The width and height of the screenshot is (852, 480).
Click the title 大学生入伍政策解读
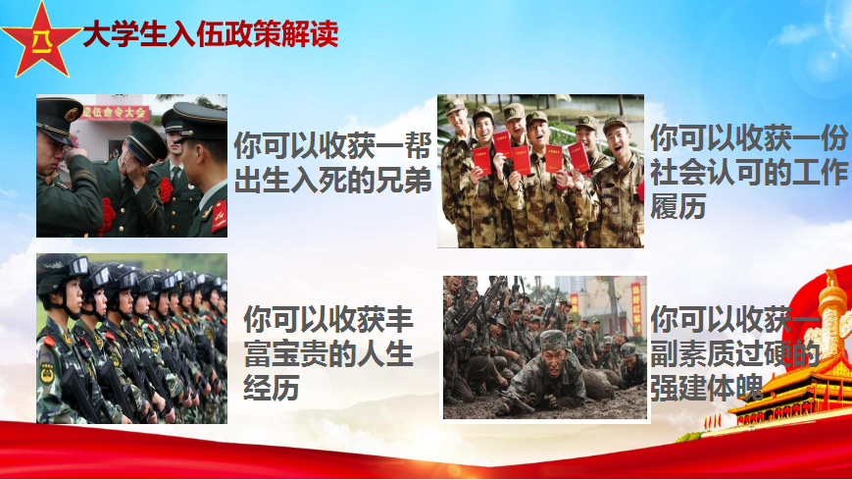pos(211,33)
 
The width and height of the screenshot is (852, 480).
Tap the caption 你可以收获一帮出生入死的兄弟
pos(332,163)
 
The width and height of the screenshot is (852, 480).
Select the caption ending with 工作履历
pos(749,172)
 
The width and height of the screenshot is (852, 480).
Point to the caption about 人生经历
pos(328,352)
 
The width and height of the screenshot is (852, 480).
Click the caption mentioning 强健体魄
pos(734,352)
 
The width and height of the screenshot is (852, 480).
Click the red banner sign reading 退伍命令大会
pos(115,113)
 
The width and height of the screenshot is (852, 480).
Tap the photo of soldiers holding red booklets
pos(540,171)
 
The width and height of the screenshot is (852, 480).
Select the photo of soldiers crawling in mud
pos(545,347)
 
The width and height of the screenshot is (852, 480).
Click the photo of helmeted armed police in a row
pos(132,339)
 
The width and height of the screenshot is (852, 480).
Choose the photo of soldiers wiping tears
pos(132,166)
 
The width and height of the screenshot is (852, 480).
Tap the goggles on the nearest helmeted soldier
pos(77,266)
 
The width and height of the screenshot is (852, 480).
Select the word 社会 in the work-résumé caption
pos(678,172)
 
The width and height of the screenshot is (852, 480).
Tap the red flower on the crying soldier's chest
pos(107,216)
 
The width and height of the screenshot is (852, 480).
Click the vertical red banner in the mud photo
pos(636,308)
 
